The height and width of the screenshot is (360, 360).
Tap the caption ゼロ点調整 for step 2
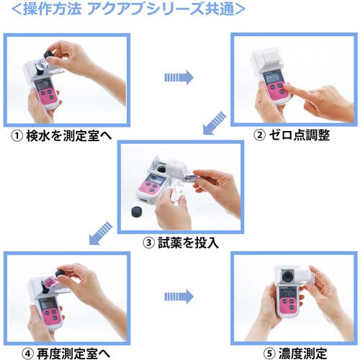coord(299,136)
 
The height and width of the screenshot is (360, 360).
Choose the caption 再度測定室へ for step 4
coord(72,352)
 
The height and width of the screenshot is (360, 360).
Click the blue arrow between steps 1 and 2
coord(178,76)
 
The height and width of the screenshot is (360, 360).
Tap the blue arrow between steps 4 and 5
coord(178,294)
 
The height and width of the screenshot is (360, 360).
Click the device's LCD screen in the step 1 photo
coord(45,91)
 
